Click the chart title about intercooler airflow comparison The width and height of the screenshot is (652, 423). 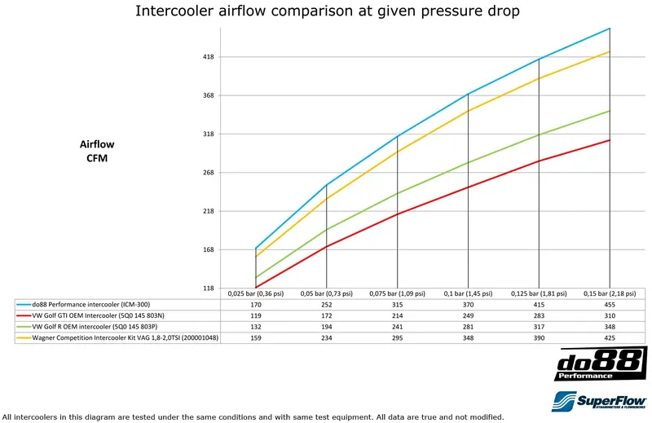pos(327,11)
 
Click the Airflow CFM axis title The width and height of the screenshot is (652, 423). pos(97,151)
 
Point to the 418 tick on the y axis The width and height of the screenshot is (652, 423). pos(209,57)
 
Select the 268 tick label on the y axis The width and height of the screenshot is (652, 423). pos(209,173)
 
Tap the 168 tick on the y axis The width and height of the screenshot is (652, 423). pos(209,250)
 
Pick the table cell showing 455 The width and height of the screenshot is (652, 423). pos(610,303)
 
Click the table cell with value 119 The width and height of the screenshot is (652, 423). pos(255,314)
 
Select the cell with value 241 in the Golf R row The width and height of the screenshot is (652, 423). pos(397,324)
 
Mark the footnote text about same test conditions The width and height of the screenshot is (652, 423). pos(253,416)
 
